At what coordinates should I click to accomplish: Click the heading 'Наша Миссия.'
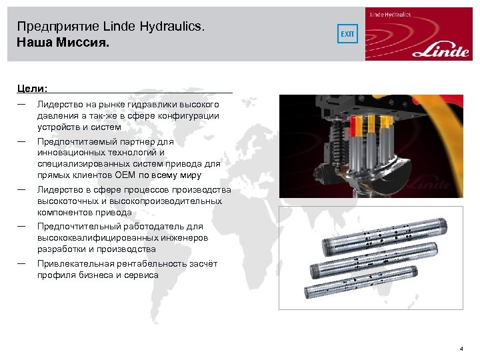point(62,42)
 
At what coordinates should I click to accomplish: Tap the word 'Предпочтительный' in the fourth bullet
point(77,227)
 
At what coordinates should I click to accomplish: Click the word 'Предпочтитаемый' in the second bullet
point(76,142)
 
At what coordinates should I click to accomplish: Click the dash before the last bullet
point(22,263)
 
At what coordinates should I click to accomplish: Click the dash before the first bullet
point(22,104)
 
